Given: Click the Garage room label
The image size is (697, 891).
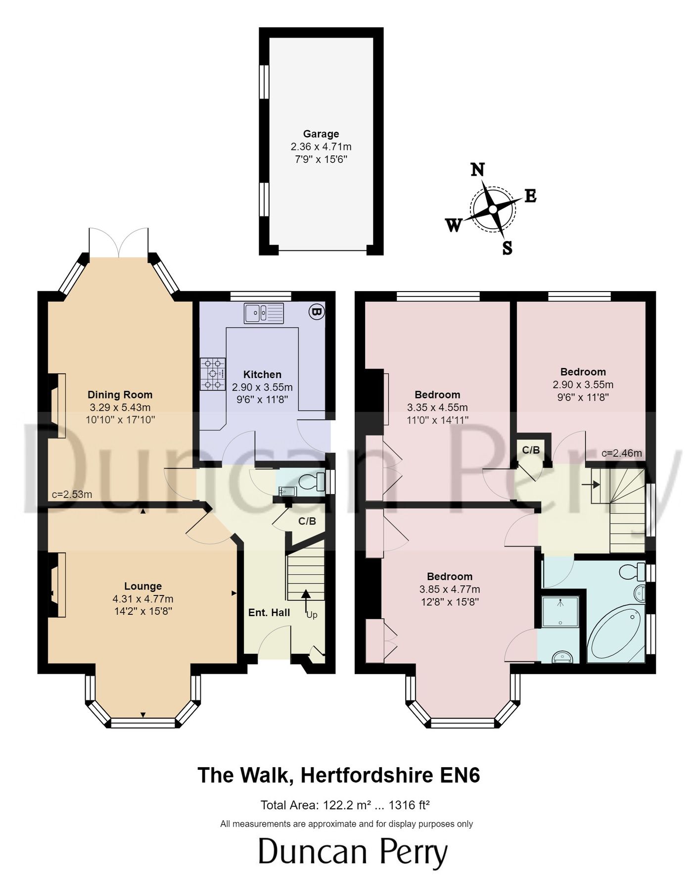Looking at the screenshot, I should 321,134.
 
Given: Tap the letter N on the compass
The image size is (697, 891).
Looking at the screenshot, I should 477,170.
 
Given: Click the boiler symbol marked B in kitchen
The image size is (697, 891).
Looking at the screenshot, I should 316,311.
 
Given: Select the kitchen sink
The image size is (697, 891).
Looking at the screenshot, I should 264,313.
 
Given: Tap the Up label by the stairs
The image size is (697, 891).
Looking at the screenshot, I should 312,615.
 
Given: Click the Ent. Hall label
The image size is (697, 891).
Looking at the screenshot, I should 269,612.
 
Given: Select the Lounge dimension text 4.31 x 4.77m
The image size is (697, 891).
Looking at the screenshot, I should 143,599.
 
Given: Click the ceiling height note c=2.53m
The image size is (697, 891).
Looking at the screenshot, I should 72,494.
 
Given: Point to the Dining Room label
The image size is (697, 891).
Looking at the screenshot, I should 120,395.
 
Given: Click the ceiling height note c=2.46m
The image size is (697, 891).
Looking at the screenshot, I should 622,453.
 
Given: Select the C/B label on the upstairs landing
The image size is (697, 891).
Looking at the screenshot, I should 531,450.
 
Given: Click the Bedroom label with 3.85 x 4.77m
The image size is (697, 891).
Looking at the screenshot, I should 450,576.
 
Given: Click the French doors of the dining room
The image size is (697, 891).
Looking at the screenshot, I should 119,244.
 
